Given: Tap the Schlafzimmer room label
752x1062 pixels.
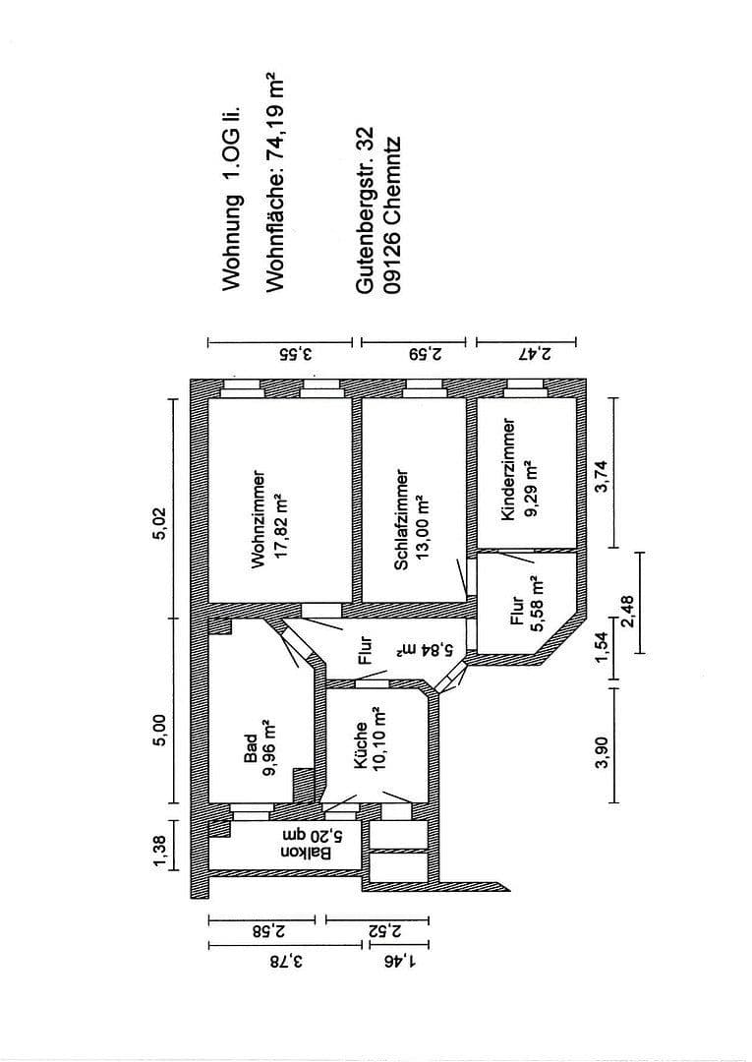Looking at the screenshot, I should (401, 518).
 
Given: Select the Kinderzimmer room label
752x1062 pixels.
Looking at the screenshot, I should (507, 469).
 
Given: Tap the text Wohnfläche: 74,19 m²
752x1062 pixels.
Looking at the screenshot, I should (275, 184).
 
